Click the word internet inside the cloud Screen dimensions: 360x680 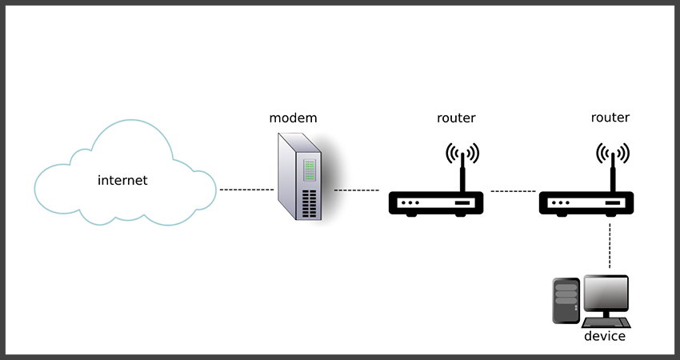point(122,180)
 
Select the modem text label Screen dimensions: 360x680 point(293,118)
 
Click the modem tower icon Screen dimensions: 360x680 point(298,180)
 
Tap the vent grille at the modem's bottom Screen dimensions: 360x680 point(307,203)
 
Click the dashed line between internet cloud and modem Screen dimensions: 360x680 point(246,190)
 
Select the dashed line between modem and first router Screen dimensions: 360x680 point(356,190)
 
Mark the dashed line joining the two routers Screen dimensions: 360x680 point(512,191)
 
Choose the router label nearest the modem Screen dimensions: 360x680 point(456,118)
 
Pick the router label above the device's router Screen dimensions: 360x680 point(610,118)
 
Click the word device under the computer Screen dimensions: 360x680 point(604,336)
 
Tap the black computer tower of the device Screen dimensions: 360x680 point(566,300)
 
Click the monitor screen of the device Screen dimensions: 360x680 point(606,295)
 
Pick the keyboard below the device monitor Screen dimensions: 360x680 point(606,322)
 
